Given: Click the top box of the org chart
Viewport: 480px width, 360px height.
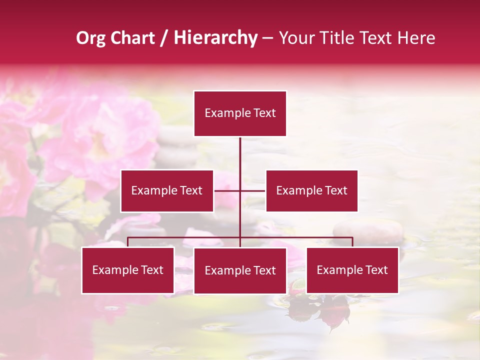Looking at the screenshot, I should click(240, 113).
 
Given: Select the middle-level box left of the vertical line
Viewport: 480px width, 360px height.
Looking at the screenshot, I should click(167, 190).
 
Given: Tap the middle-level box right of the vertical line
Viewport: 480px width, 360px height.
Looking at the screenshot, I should click(311, 190).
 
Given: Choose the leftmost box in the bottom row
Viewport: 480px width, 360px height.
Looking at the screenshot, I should click(127, 270).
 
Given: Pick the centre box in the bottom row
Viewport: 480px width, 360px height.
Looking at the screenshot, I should click(240, 270).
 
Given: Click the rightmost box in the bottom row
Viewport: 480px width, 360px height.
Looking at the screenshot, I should click(352, 270).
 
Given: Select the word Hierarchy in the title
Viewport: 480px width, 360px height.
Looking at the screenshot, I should click(215, 38).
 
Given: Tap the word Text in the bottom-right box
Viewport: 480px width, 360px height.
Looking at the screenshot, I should click(375, 270).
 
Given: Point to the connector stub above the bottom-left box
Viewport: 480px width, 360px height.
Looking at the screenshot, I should click(127, 242).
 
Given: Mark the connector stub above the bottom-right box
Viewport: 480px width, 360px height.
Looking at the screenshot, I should click(352, 242).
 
